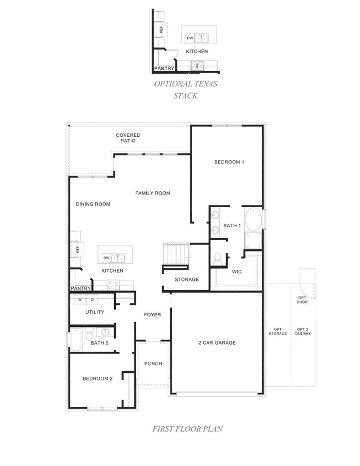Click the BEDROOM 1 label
(x=229, y=162)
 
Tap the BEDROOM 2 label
(x=97, y=378)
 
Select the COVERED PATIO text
(x=128, y=138)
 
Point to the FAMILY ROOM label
(x=152, y=193)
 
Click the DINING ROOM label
(x=93, y=204)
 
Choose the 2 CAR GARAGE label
(x=217, y=342)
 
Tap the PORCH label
(x=153, y=363)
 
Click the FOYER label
(x=152, y=315)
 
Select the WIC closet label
(x=236, y=272)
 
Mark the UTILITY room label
(x=95, y=312)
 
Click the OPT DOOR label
(x=302, y=300)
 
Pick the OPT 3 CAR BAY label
(x=302, y=331)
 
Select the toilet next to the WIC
(x=218, y=258)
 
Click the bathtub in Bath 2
(x=76, y=339)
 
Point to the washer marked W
(x=80, y=300)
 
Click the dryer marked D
(x=92, y=300)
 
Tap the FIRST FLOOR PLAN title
(x=187, y=428)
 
